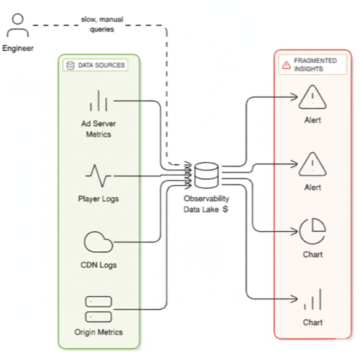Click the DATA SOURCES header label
(101, 65)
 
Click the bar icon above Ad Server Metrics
(99, 100)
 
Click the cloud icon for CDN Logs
(99, 241)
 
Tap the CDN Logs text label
(99, 265)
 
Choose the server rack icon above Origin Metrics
(99, 307)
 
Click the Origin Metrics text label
(99, 331)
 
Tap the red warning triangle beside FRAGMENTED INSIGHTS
(286, 65)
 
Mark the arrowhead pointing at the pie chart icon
(295, 230)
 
